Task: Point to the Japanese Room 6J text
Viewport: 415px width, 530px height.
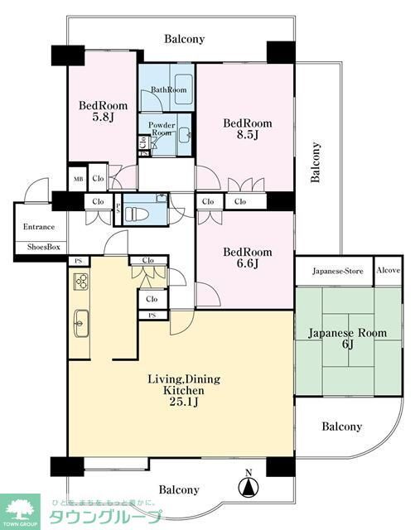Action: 348,339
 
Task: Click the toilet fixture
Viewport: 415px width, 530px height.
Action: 148,209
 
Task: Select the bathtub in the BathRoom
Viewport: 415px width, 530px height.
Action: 183,87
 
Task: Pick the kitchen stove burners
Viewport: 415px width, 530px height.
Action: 81,282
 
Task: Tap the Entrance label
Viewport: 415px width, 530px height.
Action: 38,227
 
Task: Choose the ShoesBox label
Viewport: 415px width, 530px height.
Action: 39,247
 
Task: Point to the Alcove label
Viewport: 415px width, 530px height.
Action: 388,271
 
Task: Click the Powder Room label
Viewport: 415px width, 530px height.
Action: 162,129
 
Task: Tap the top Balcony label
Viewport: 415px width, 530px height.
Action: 184,39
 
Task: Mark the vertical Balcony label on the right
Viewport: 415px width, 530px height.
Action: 316,161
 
